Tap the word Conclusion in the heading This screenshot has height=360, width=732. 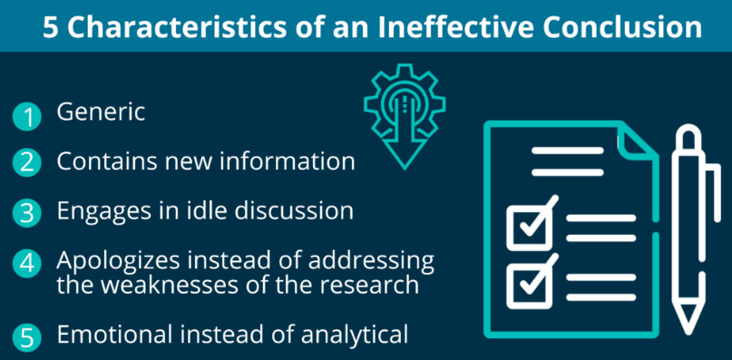point(619,27)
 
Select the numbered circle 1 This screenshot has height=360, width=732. point(27,117)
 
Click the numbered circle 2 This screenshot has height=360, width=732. point(27,164)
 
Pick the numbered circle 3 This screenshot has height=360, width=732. point(27,212)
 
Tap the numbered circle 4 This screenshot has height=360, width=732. point(27,264)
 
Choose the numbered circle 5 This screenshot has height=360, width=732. point(27,337)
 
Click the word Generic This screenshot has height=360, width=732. point(101,112)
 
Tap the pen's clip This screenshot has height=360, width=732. point(714,192)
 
